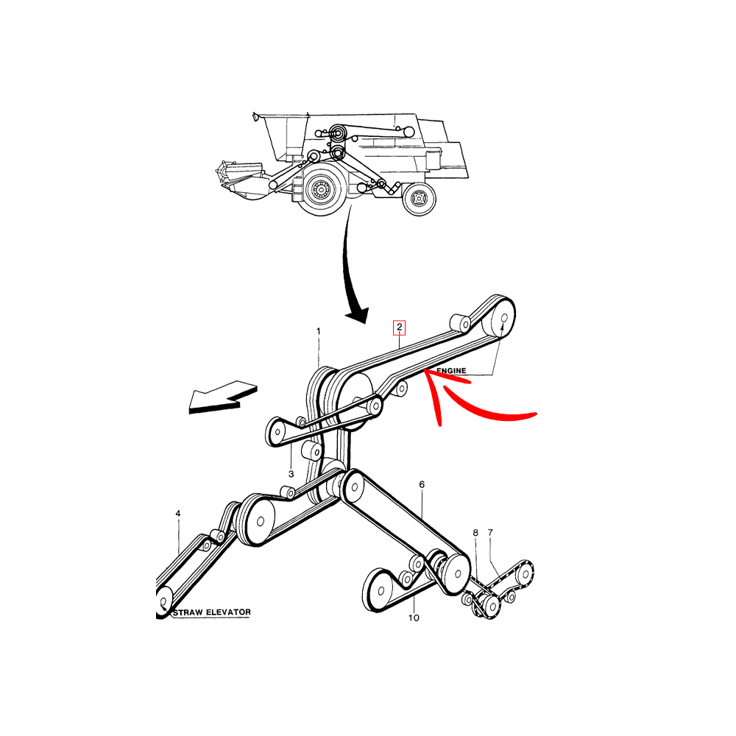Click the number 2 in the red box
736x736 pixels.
point(400,328)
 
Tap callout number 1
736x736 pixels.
point(318,331)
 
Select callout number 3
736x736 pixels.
point(291,474)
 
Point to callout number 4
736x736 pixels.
point(178,514)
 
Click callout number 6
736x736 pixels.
point(422,484)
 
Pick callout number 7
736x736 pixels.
point(490,532)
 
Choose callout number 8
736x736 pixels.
point(475,533)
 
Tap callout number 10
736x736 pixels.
point(414,618)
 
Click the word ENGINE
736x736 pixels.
point(452,370)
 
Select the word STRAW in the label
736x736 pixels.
point(188,612)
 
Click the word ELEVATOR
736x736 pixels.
point(229,612)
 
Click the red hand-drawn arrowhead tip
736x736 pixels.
point(425,371)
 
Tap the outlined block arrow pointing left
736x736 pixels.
point(223,397)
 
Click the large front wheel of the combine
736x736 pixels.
point(322,188)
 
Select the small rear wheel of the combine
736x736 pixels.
point(420,199)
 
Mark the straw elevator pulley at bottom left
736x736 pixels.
point(163,602)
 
